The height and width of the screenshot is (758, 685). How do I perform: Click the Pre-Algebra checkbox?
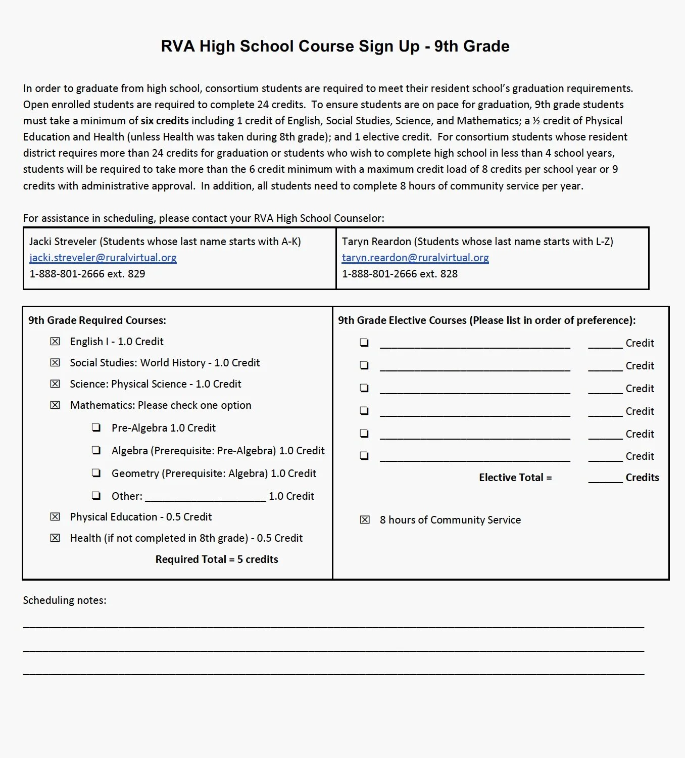pos(96,428)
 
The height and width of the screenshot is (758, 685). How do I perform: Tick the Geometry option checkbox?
pos(96,473)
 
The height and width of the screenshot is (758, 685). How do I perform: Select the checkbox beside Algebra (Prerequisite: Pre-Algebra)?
pos(96,450)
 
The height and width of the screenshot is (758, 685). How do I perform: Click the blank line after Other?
pos(205,497)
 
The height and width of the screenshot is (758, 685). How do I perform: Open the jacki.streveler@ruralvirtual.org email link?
pos(103,258)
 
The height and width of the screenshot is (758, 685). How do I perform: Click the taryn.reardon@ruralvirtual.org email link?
pos(415,258)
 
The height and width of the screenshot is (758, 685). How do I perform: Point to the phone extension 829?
pos(137,274)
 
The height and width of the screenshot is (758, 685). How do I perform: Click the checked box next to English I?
pos(55,342)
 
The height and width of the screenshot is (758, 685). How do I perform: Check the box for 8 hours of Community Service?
pos(365,520)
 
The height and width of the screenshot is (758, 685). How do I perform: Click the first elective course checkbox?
pos(364,343)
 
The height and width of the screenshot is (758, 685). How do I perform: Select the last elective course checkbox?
pos(364,456)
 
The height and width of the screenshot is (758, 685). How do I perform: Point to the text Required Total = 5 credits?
pos(217,559)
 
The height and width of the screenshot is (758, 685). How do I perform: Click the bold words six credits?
pos(165,121)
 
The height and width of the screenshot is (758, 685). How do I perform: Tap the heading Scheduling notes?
pos(65,600)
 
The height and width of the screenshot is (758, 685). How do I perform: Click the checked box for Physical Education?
pos(55,517)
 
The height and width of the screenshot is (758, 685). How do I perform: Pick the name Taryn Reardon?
pos(376,242)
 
